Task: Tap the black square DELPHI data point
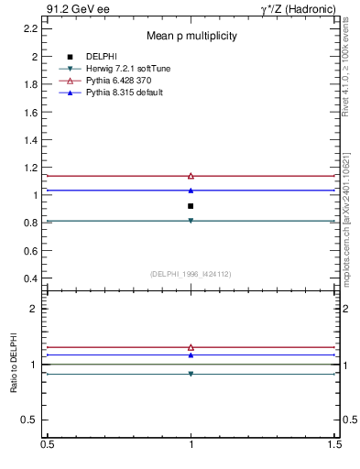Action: tap(191, 206)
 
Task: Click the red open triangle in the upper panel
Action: tap(191, 175)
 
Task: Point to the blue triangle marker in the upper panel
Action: tap(191, 191)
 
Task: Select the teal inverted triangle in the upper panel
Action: tap(191, 221)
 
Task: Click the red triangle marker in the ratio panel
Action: tap(191, 347)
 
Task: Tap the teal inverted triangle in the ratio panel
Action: tap(191, 374)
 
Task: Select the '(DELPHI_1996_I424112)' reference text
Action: tap(191, 274)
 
